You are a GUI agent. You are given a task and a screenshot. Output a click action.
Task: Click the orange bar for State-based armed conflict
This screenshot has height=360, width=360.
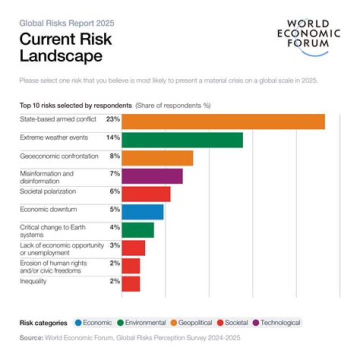[223, 121]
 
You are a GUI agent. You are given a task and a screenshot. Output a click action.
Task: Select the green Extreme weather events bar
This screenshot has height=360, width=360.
[182, 140]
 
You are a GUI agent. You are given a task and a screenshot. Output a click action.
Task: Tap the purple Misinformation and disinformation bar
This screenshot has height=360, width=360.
[152, 176]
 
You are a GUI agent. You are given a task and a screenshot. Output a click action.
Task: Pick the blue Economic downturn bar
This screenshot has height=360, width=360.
[142, 212]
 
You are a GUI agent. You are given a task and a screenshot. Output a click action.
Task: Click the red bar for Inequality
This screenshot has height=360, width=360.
[131, 283]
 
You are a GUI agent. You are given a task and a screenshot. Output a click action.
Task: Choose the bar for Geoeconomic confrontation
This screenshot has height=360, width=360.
[157, 158]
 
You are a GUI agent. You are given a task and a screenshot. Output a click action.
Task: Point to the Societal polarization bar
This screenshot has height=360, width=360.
[146, 194]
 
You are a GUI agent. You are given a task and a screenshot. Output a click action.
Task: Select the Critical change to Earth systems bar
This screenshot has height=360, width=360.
[138, 230]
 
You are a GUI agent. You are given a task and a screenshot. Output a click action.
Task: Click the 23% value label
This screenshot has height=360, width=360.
[113, 119]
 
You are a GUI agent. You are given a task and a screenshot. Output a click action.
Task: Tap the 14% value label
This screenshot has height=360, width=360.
[113, 137]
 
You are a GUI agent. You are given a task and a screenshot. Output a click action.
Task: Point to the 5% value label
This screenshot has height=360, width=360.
[115, 209]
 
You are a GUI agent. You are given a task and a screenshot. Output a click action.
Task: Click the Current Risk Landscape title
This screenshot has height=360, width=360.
[65, 47]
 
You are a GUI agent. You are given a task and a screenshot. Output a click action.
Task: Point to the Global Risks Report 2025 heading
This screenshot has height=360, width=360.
[67, 23]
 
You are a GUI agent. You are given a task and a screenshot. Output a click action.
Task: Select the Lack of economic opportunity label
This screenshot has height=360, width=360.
[62, 248]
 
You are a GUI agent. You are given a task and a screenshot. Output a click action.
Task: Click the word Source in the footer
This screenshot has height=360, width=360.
[31, 338]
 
